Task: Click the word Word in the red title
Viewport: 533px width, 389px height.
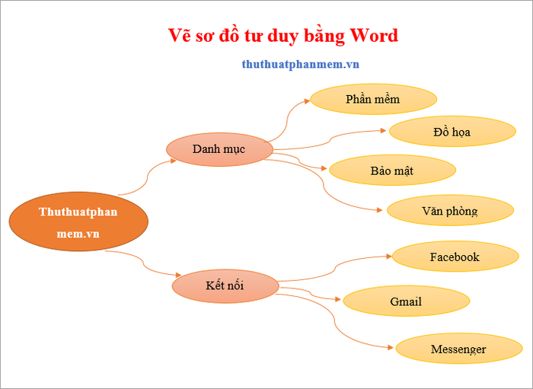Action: (375, 35)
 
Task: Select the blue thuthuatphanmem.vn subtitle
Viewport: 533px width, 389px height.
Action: (301, 64)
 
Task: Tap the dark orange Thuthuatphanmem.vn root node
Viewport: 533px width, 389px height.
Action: (78, 222)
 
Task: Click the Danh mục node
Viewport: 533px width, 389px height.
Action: (219, 149)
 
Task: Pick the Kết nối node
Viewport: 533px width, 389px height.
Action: (225, 286)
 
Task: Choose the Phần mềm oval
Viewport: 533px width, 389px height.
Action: (373, 99)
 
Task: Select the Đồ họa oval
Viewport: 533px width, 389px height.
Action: (452, 132)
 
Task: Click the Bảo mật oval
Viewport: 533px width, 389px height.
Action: (392, 171)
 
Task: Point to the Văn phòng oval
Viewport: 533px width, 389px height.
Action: (450, 210)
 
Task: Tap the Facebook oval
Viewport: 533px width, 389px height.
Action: (455, 257)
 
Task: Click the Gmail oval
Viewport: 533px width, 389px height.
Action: (406, 301)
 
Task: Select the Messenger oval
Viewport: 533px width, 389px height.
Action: (459, 348)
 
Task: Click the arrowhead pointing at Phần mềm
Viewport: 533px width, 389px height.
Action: (307, 101)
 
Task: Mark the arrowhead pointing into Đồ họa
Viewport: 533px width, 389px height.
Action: (383, 130)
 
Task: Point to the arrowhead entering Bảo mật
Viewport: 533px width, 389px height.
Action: (324, 167)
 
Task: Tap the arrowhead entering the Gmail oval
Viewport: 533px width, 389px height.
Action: (337, 299)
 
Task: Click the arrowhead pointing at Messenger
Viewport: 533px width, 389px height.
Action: (390, 347)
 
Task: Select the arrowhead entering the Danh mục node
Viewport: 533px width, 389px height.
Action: (173, 161)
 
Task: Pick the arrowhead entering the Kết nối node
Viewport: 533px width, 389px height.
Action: (178, 275)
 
